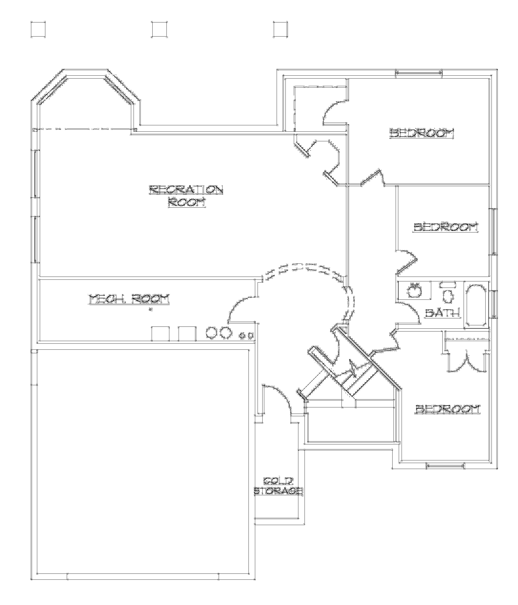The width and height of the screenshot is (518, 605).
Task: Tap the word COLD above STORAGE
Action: click(278, 481)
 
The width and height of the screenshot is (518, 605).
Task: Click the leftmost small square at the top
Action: click(38, 29)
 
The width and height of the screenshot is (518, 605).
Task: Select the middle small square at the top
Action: click(159, 29)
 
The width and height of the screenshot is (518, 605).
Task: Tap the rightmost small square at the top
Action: click(280, 29)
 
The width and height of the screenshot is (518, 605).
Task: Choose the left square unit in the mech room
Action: click(160, 333)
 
